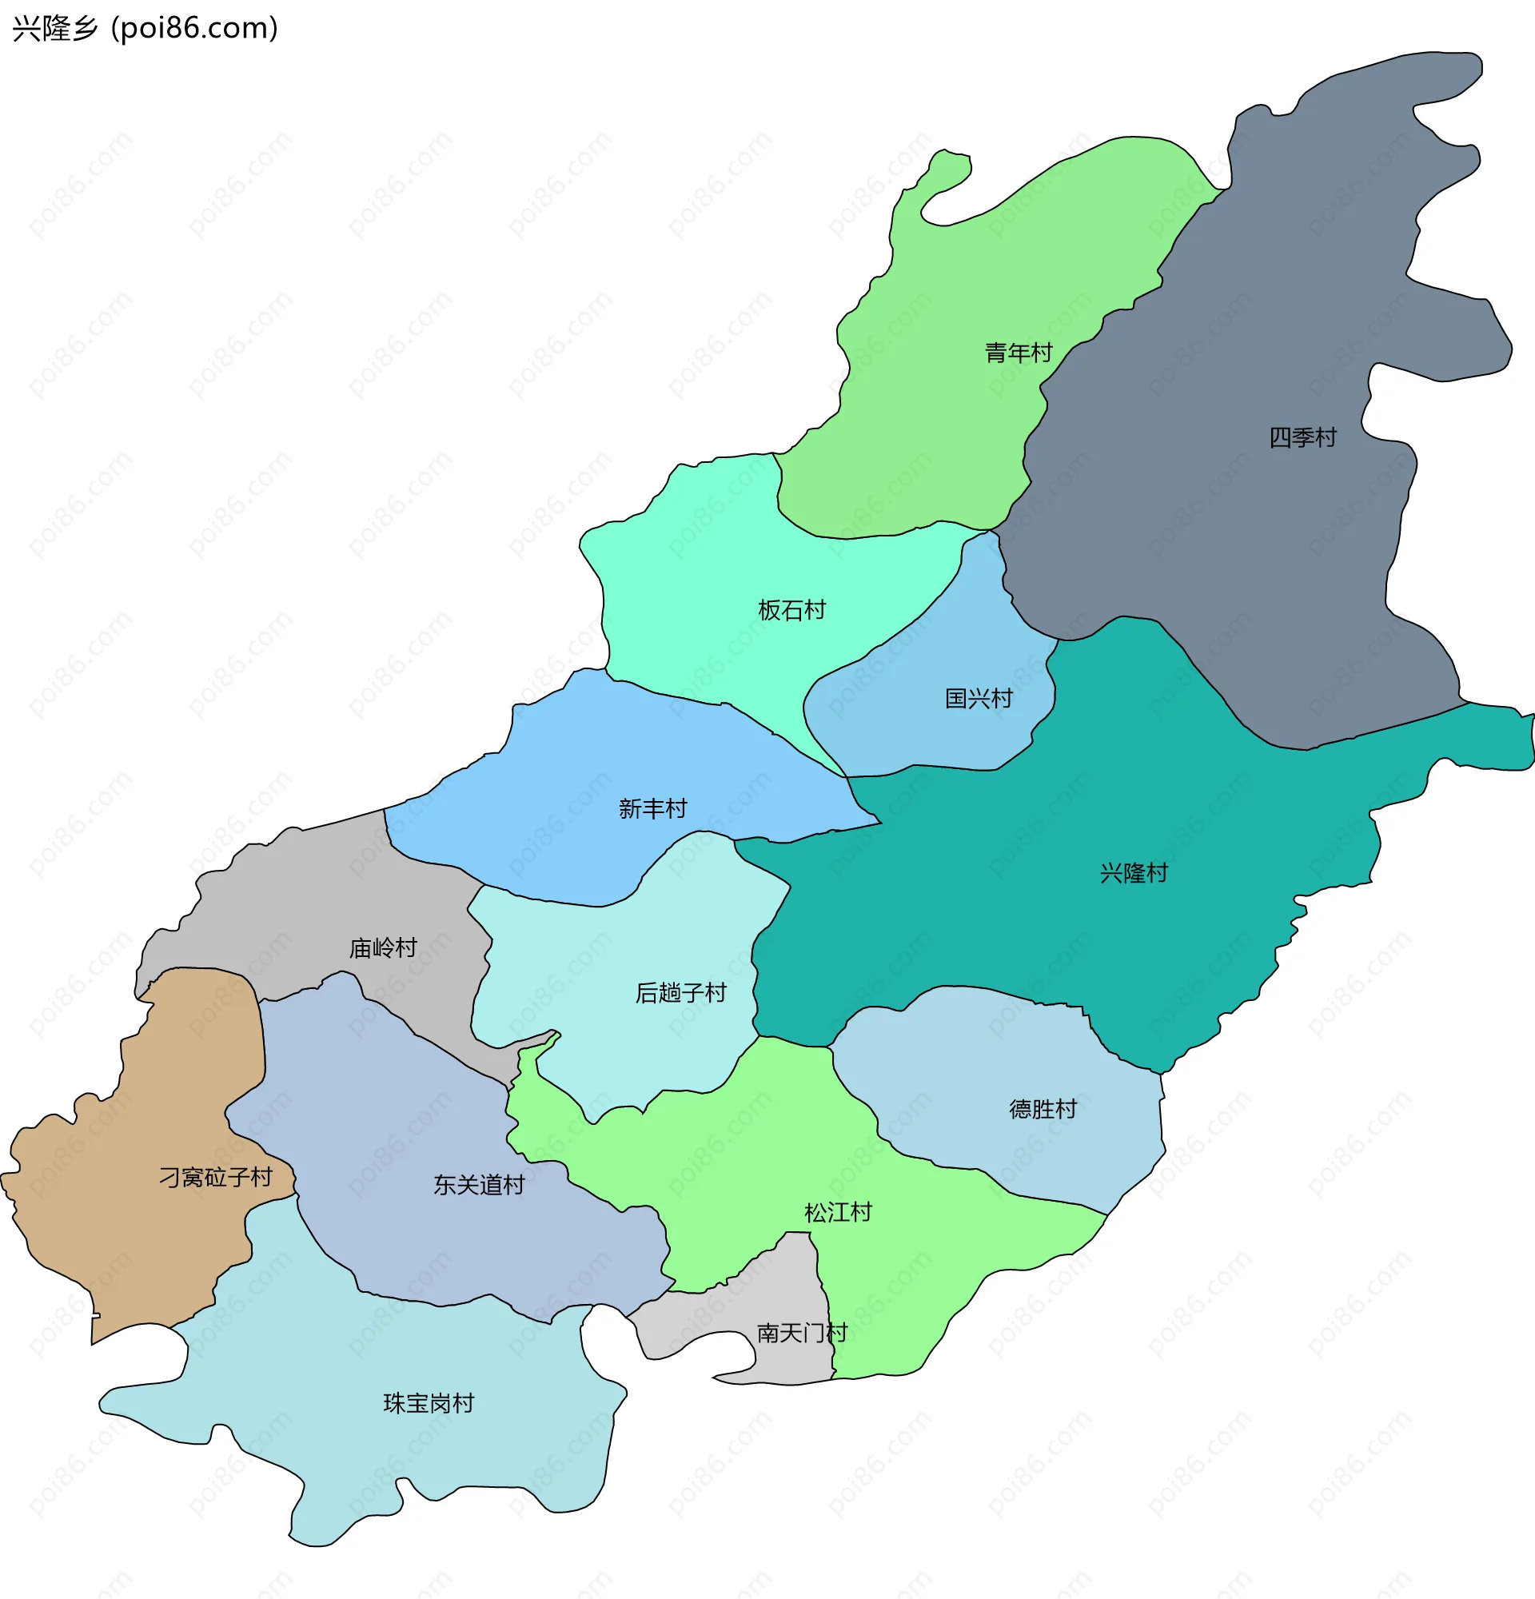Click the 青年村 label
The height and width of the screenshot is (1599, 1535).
1019,353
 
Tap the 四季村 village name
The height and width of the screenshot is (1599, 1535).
1302,438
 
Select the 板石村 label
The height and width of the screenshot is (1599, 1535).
791,610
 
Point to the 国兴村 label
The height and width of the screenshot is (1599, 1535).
978,698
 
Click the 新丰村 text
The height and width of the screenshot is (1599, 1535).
652,808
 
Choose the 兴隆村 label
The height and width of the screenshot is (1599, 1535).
1133,873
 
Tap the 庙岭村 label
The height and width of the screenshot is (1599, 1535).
382,948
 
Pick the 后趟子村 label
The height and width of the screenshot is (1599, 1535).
680,993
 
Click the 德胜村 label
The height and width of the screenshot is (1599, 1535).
1043,1110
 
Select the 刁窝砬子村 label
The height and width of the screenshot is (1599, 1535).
215,1177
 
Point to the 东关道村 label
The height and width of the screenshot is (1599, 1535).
479,1185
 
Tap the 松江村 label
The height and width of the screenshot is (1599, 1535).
838,1212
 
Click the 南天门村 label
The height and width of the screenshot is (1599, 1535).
802,1333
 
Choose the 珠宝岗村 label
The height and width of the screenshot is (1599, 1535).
429,1403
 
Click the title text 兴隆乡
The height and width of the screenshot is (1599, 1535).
54,29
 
